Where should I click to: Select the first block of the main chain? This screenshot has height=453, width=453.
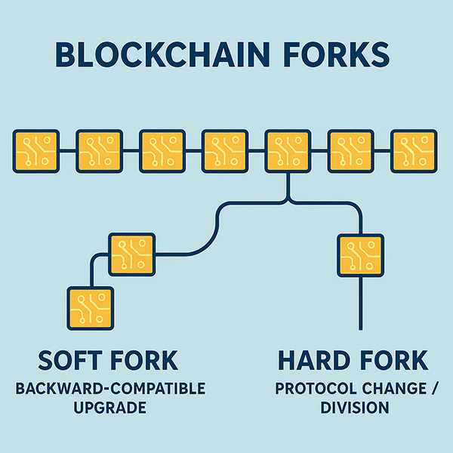[35, 150]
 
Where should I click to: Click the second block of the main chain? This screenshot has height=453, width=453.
[99, 150]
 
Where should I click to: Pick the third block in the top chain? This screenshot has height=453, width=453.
[162, 150]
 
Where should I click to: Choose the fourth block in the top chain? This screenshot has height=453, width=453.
[225, 150]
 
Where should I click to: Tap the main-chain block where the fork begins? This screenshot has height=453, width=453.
[288, 150]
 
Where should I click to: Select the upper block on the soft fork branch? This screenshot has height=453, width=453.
[132, 254]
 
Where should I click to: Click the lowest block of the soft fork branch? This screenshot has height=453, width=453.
[90, 307]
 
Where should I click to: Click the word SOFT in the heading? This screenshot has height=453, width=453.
[72, 361]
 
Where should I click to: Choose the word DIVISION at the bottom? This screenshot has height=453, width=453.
[354, 408]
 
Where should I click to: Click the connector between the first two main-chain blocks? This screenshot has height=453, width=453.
[67, 150]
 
